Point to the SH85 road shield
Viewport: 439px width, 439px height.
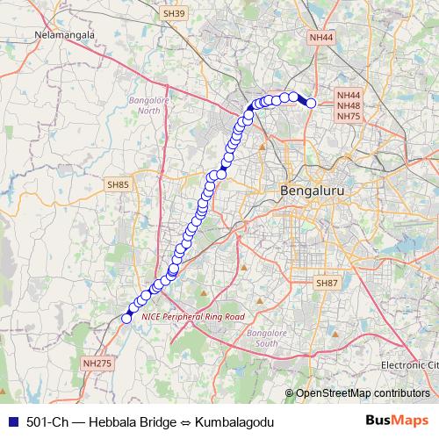click(118, 184)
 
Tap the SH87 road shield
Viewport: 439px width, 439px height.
click(327, 283)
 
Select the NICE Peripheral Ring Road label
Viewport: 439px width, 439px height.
click(192, 315)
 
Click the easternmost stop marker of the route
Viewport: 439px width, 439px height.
click(311, 104)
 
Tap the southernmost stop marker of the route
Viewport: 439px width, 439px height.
click(126, 318)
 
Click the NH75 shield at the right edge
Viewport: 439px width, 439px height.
click(349, 117)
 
